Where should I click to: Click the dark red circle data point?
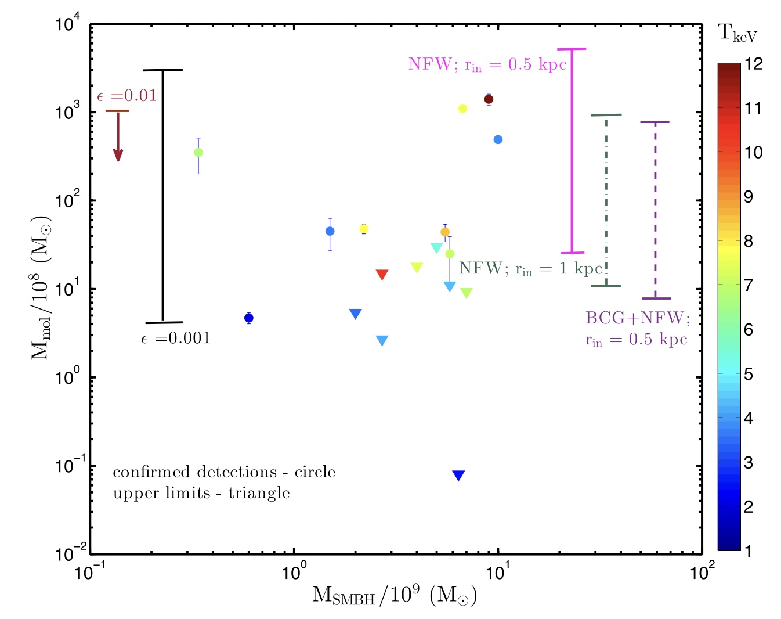[x=489, y=99]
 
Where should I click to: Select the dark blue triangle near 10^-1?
[x=458, y=476]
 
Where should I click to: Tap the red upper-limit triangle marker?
[x=382, y=275]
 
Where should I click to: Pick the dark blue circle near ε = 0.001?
[x=248, y=318]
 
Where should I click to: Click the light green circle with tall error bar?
[x=198, y=153]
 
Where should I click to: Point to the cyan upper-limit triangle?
[x=436, y=248]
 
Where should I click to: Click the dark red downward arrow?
[x=118, y=136]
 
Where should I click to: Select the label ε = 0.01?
[x=127, y=96]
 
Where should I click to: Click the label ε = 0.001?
[x=176, y=339]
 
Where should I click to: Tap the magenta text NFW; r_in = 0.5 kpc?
[x=487, y=64]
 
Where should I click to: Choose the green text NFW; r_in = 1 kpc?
[x=530, y=269]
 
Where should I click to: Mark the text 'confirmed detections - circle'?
[x=224, y=472]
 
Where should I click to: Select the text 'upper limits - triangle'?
[x=201, y=493]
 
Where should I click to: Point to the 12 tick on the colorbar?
[x=753, y=63]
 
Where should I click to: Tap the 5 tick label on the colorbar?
[x=749, y=374]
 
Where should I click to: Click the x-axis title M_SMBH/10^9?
[x=395, y=596]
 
